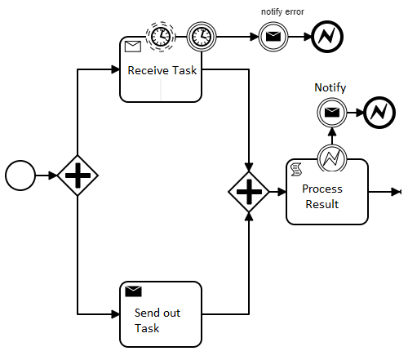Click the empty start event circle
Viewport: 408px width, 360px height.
click(20, 176)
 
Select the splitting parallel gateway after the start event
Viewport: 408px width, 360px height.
click(78, 176)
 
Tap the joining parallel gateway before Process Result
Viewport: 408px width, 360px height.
click(249, 192)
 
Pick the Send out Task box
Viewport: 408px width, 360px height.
click(161, 314)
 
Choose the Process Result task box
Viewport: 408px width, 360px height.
click(327, 192)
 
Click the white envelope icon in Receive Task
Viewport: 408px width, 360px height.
click(133, 47)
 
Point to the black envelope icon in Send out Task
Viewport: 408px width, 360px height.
click(133, 291)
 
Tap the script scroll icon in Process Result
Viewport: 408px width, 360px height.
click(296, 169)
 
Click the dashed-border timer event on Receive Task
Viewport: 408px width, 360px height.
click(161, 37)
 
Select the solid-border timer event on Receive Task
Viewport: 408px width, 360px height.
click(202, 37)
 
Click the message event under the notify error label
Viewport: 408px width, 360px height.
click(273, 37)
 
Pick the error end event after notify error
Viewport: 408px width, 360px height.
click(327, 37)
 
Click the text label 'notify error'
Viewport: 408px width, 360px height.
click(282, 12)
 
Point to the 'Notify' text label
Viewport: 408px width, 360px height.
click(330, 87)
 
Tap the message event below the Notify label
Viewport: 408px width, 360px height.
click(332, 113)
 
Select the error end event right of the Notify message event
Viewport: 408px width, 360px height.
click(379, 113)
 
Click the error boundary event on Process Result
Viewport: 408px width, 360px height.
click(332, 158)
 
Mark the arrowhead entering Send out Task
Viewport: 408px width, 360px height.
click(115, 314)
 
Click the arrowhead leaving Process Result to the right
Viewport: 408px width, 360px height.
click(396, 192)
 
